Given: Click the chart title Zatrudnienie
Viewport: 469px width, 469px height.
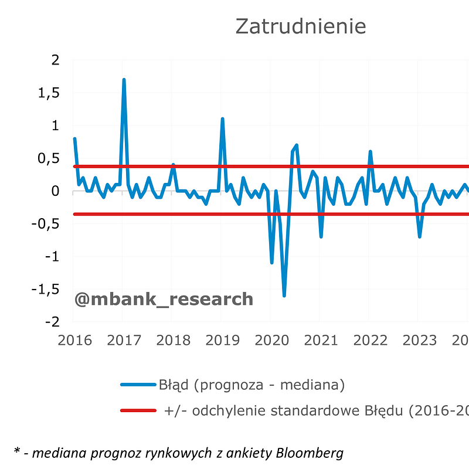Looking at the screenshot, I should (x=300, y=26).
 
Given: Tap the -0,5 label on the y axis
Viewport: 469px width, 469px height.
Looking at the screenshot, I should (x=46, y=224).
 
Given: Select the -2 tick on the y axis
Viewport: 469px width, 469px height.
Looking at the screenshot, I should (x=52, y=322).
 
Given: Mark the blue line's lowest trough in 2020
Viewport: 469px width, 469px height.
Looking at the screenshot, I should (x=284, y=295).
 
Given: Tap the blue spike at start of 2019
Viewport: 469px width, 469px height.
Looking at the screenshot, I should (x=222, y=119).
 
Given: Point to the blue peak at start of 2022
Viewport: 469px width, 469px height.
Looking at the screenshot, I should (x=370, y=152).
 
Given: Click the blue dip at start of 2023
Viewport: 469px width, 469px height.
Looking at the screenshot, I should (x=420, y=236).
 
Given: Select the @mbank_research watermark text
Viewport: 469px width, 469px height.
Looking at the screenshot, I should (x=164, y=300).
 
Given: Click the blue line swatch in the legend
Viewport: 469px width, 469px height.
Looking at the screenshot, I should (x=138, y=385).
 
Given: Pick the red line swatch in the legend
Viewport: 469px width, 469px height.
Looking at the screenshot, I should (x=138, y=410).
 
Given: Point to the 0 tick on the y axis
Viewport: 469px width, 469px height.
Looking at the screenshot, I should (x=56, y=191).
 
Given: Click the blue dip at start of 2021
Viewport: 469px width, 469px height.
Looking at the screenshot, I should (x=321, y=236).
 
